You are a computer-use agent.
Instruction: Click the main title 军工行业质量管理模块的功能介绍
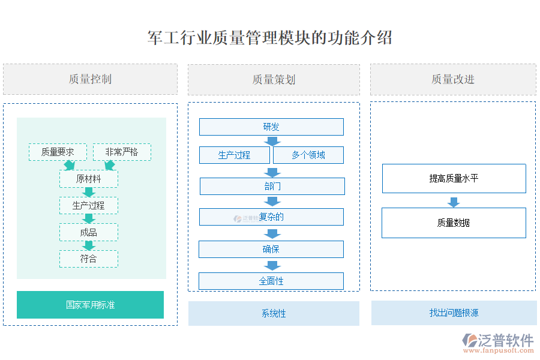click(270, 38)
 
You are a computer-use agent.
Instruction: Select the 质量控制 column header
click(90, 79)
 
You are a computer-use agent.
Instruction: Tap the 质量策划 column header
click(274, 80)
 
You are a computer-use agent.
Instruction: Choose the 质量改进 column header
click(453, 80)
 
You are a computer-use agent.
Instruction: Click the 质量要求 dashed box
click(58, 152)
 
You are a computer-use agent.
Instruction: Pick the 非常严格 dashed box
click(122, 152)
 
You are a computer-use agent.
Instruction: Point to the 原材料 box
click(88, 179)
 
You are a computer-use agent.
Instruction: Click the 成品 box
click(88, 232)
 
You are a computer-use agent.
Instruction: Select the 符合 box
click(88, 259)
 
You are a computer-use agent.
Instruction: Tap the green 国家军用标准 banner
click(90, 305)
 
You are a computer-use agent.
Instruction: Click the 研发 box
click(271, 127)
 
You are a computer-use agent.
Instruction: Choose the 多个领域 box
click(308, 155)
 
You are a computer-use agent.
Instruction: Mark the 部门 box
click(272, 186)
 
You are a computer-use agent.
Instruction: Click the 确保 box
click(271, 249)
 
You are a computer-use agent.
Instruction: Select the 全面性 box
click(271, 281)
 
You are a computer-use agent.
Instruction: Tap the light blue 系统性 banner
click(274, 313)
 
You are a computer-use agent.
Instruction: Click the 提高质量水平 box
click(454, 178)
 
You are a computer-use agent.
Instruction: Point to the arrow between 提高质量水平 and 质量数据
click(454, 201)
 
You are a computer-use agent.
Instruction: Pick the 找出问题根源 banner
click(454, 313)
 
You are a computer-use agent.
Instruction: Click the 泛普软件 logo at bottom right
click(498, 342)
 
